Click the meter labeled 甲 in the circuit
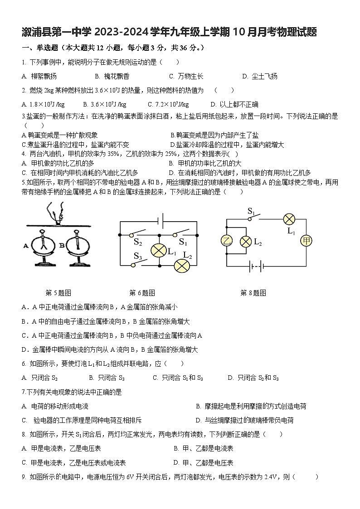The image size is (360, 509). [x=306, y=241]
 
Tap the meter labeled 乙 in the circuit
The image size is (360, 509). [x=227, y=241]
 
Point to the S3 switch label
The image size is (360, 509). [x=138, y=256]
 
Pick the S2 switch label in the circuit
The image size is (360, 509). [x=138, y=242]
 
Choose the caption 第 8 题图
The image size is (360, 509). [x=253, y=293]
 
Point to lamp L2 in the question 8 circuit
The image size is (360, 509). [x=246, y=241]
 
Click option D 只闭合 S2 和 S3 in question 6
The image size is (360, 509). [x=253, y=378]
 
